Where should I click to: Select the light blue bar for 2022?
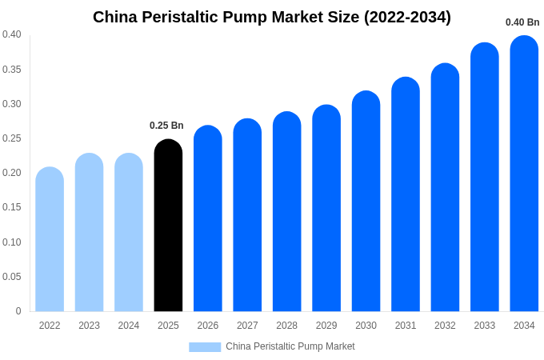pyautogui.click(x=50, y=239)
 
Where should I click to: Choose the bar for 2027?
pyautogui.click(x=247, y=215)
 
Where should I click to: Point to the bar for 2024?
pyautogui.click(x=129, y=232)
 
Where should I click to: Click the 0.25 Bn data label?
pyautogui.click(x=166, y=126)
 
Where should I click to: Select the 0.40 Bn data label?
pyautogui.click(x=522, y=22)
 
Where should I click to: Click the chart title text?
pyautogui.click(x=272, y=17)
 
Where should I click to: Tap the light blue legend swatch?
pyautogui.click(x=205, y=346)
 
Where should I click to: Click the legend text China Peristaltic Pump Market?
pyautogui.click(x=290, y=346)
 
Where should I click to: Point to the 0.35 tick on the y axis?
pyautogui.click(x=12, y=70)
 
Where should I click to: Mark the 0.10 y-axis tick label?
pyautogui.click(x=12, y=242)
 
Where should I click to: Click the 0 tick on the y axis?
pyautogui.click(x=18, y=311)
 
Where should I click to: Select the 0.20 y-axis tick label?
pyautogui.click(x=12, y=173)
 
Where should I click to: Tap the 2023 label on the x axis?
pyautogui.click(x=89, y=326)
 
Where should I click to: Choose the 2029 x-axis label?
pyautogui.click(x=326, y=326)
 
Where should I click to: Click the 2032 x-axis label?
pyautogui.click(x=445, y=326)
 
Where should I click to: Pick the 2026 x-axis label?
pyautogui.click(x=208, y=326)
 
